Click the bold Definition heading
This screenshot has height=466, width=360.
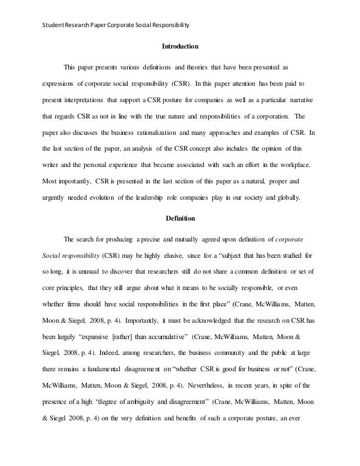(x=179, y=217)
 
